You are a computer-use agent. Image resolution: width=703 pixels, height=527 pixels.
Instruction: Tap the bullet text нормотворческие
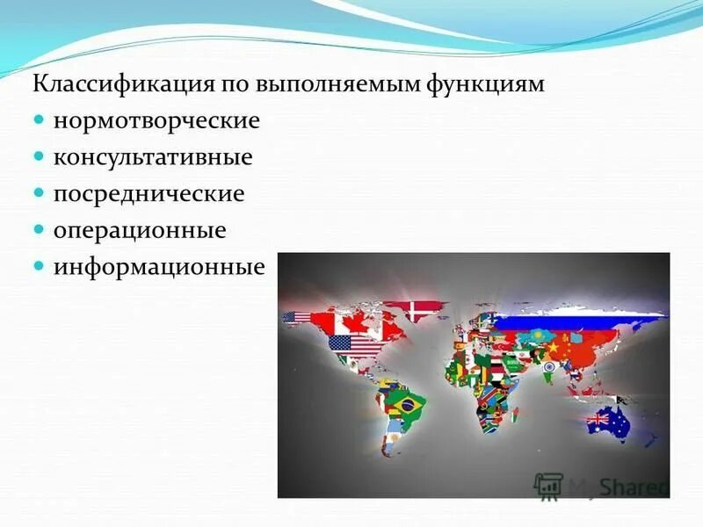156,120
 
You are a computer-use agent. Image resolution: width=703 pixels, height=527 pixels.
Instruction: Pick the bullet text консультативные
153,157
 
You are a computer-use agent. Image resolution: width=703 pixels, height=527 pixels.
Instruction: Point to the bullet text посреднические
149,193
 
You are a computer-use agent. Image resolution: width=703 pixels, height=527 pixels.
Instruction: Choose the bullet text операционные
140,230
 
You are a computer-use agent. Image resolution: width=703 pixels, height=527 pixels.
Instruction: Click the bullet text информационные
158,266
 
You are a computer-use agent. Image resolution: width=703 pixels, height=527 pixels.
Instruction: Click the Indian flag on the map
549,366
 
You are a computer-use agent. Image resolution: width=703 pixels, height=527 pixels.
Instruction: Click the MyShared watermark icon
548,484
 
